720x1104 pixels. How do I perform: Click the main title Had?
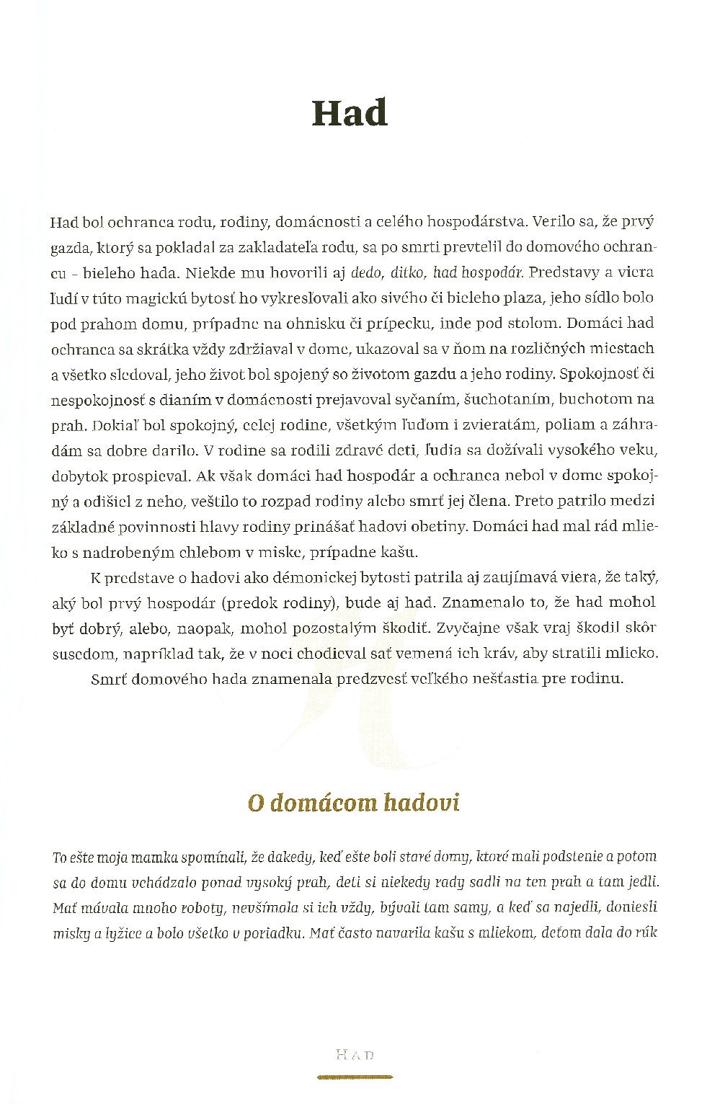(x=350, y=114)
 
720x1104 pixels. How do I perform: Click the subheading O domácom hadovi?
(x=353, y=803)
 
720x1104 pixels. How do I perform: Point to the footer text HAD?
(x=355, y=1056)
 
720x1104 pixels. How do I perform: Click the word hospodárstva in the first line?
(x=475, y=221)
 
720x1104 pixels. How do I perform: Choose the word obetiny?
(x=430, y=526)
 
